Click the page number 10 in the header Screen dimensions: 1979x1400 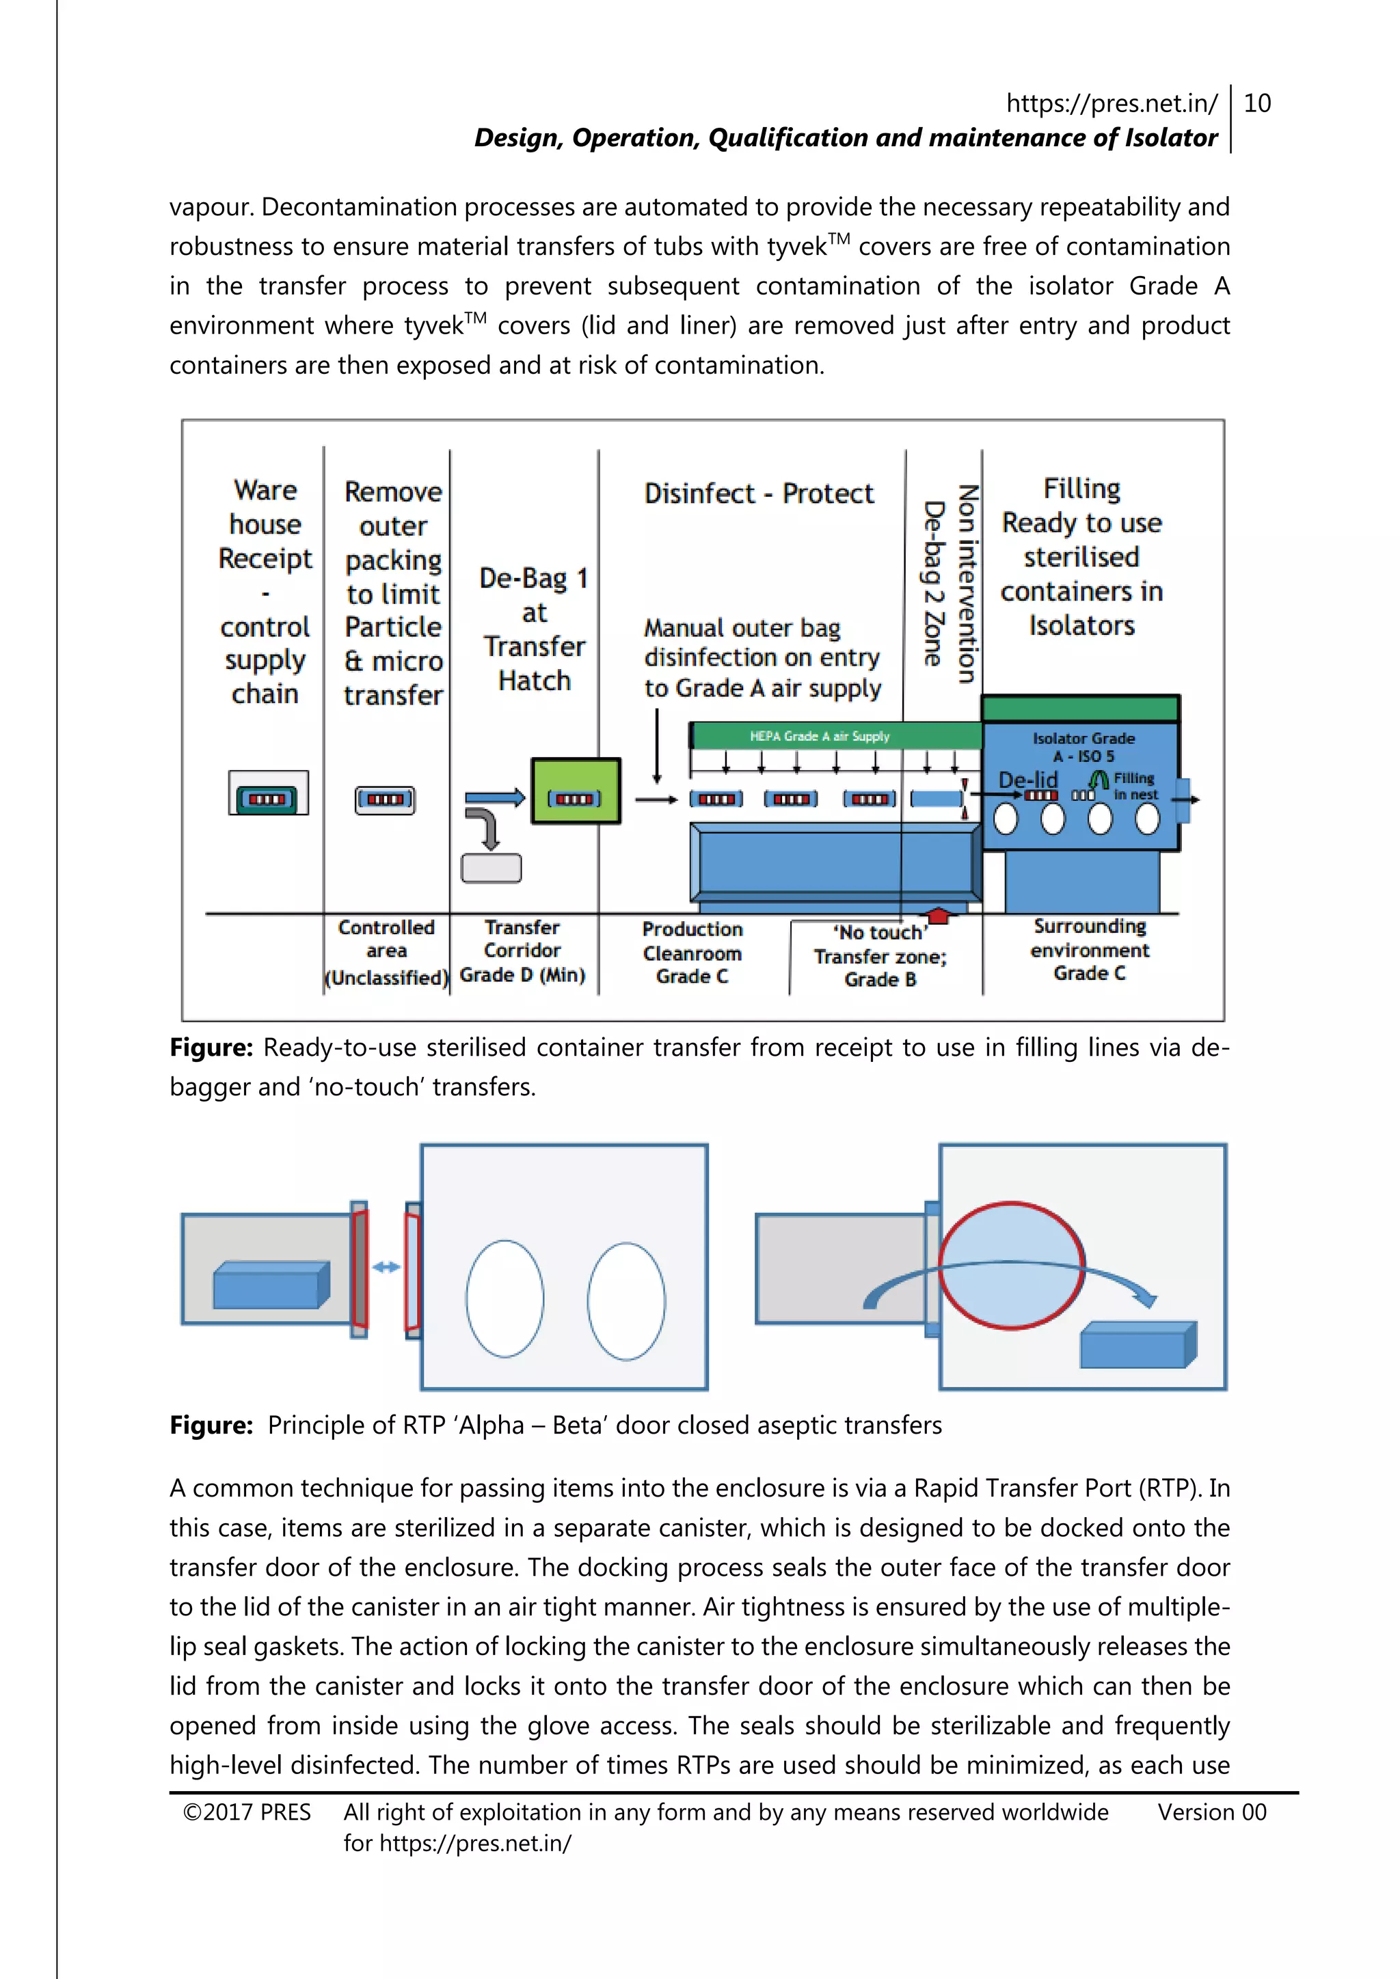pyautogui.click(x=1257, y=103)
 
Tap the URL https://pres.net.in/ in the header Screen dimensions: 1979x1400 pyautogui.click(x=1112, y=103)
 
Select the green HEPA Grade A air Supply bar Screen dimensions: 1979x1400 pyautogui.click(x=835, y=736)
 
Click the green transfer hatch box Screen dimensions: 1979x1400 pyautogui.click(x=575, y=791)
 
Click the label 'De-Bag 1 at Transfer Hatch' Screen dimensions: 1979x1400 pyautogui.click(x=534, y=629)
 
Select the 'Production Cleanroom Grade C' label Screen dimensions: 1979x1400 pyautogui.click(x=692, y=953)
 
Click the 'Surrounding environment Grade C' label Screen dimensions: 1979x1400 pyautogui.click(x=1090, y=949)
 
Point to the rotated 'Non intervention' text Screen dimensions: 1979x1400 pyautogui.click(x=967, y=584)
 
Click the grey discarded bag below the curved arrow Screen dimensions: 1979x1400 pyautogui.click(x=492, y=868)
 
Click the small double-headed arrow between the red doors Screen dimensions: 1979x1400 pyautogui.click(x=386, y=1266)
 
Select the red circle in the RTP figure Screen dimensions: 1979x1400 pyautogui.click(x=1011, y=1266)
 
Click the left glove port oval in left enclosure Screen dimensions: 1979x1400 pyautogui.click(x=505, y=1298)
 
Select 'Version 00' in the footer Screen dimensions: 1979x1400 pyautogui.click(x=1211, y=1812)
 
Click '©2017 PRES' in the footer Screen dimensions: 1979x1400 pyautogui.click(x=247, y=1812)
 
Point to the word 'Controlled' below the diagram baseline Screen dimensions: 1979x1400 pyautogui.click(x=386, y=927)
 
